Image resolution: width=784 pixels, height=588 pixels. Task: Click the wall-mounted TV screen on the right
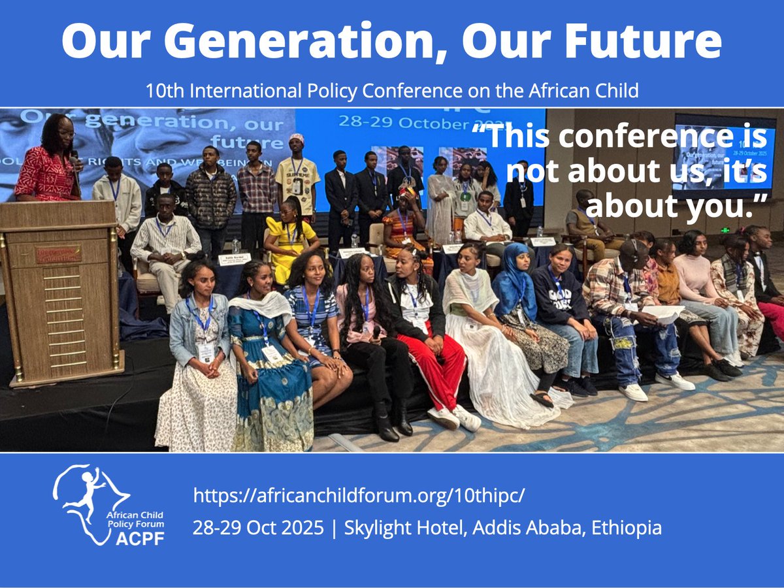tap(725, 154)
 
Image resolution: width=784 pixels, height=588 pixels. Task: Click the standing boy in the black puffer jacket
tap(210, 196)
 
